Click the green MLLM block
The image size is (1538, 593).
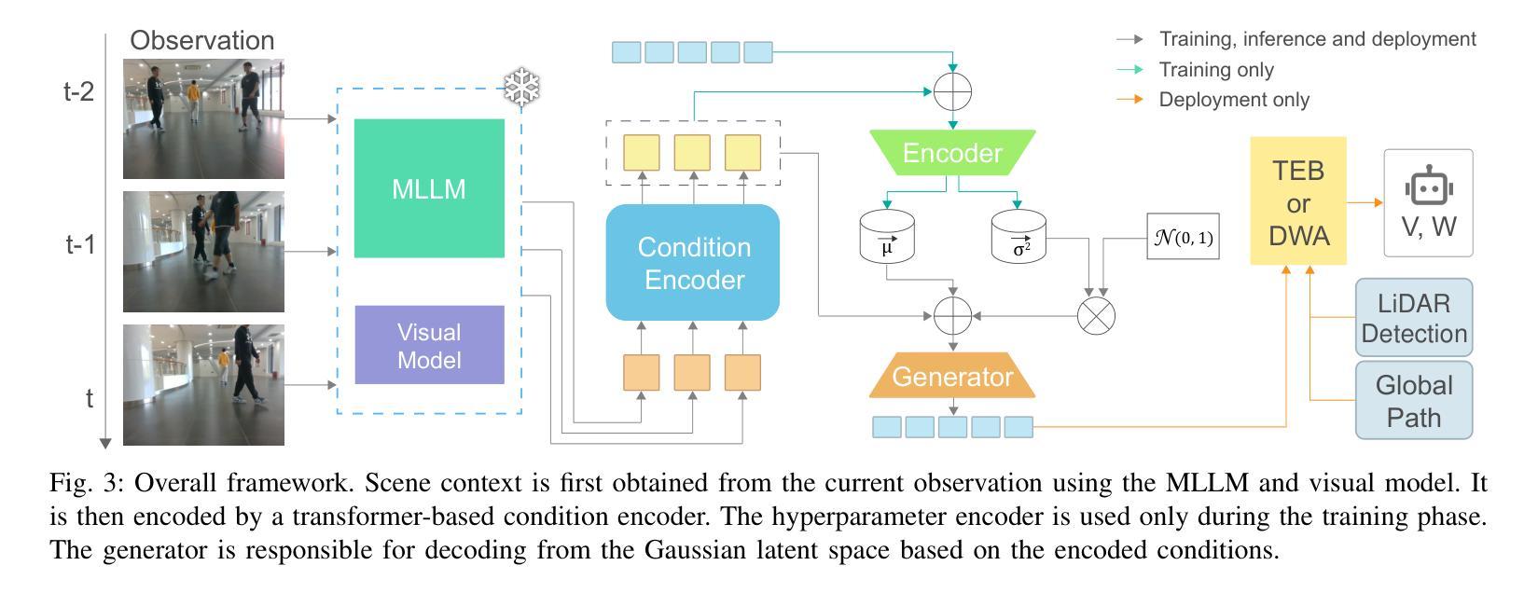[429, 188]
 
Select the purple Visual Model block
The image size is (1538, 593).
[429, 345]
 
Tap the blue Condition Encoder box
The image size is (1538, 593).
[693, 262]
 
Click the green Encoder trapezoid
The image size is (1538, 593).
[952, 152]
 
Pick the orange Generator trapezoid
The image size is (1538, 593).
[952, 376]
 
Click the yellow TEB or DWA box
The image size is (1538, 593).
[1297, 201]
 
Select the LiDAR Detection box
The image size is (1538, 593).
[1414, 318]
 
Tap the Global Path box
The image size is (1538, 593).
[1414, 401]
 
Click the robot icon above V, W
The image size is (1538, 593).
[1429, 186]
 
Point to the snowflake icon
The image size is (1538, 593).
[521, 87]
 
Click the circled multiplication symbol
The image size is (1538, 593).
[1096, 316]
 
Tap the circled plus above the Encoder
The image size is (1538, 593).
[953, 91]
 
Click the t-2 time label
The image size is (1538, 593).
[78, 91]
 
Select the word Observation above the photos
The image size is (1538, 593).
[201, 40]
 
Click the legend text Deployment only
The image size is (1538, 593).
[1234, 100]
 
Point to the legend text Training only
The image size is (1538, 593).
[1216, 69]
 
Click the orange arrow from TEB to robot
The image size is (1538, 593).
[1365, 202]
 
